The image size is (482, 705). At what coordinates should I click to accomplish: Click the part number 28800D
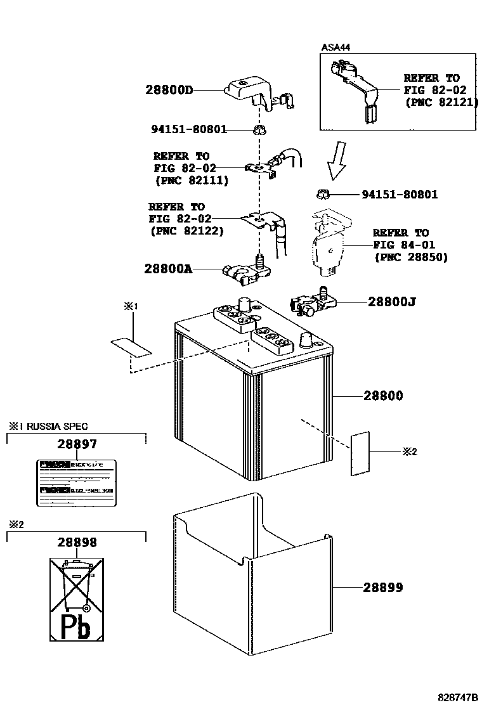(x=169, y=90)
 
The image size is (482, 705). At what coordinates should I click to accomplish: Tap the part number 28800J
(x=392, y=302)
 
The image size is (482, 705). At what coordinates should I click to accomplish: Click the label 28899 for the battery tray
(x=383, y=588)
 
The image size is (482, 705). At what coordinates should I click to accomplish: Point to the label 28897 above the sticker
(x=77, y=445)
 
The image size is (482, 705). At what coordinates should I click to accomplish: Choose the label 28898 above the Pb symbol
(x=77, y=543)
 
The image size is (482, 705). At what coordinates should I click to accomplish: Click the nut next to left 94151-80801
(x=258, y=131)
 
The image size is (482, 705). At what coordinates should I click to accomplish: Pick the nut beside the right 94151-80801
(x=321, y=194)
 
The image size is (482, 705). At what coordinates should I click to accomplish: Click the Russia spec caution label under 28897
(x=77, y=482)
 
